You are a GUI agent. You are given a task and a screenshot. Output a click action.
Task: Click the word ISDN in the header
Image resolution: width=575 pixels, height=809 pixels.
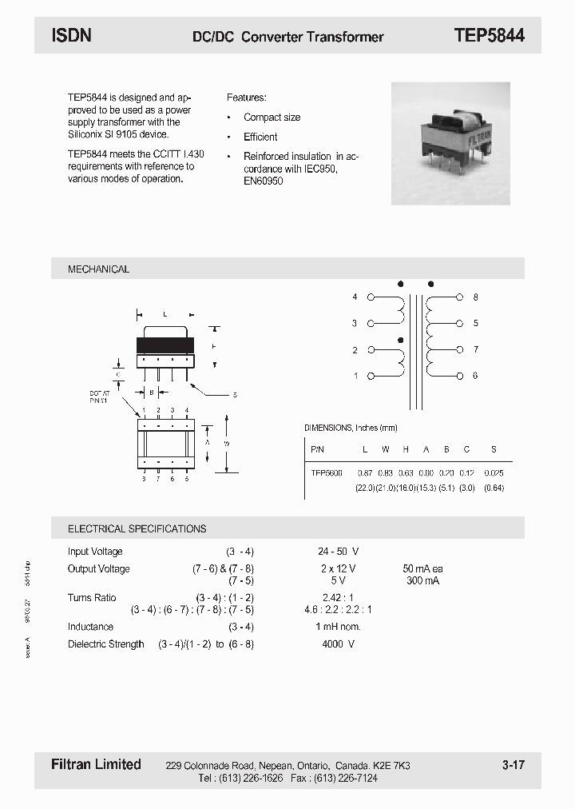(x=71, y=35)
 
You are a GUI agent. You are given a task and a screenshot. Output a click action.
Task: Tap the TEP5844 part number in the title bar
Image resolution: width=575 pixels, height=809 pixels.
(x=489, y=35)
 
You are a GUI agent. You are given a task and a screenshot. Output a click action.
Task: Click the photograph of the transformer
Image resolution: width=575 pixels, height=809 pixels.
(x=450, y=144)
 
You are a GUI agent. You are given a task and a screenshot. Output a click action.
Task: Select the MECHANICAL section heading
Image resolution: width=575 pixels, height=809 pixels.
(x=98, y=269)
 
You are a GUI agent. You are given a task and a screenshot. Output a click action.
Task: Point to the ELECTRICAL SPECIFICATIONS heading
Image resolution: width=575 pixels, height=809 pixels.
(x=137, y=528)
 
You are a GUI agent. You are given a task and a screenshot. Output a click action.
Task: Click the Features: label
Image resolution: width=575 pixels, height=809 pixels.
(x=246, y=98)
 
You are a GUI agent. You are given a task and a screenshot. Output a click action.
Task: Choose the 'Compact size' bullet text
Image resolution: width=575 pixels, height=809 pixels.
(x=272, y=118)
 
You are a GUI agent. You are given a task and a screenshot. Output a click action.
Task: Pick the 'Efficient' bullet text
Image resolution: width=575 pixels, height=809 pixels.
(x=260, y=137)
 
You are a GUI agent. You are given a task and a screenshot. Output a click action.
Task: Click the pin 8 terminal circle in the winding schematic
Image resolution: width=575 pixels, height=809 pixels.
(x=459, y=297)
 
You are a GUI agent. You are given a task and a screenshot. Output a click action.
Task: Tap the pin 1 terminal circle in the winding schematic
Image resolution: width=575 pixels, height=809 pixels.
(x=371, y=376)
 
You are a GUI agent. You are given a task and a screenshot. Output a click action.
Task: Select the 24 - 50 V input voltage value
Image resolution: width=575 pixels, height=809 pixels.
(x=338, y=552)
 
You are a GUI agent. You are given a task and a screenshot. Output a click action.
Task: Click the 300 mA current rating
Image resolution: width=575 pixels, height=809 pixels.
(x=422, y=580)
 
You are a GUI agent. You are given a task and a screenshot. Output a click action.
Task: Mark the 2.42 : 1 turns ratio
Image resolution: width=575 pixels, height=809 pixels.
(x=338, y=598)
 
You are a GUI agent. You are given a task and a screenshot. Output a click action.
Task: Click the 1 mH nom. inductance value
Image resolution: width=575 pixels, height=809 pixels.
(x=338, y=627)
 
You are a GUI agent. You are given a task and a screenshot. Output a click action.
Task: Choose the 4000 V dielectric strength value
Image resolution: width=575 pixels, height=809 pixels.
(x=338, y=644)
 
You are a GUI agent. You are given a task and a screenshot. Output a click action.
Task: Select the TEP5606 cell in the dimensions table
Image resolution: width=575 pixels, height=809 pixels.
(x=326, y=473)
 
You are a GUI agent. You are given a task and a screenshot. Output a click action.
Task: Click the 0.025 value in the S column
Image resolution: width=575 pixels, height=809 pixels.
(x=494, y=473)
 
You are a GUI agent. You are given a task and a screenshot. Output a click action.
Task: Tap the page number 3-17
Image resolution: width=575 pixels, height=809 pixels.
(x=513, y=765)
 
